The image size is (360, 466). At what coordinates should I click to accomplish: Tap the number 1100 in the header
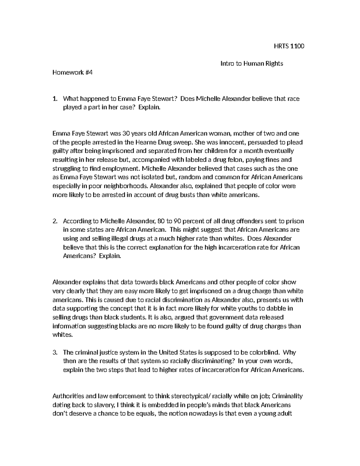(297, 46)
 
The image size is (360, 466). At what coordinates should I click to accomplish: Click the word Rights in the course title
(274, 64)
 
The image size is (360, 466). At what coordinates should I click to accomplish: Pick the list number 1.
(54, 99)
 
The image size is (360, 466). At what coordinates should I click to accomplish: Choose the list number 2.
(54, 221)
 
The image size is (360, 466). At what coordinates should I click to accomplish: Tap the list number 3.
(54, 352)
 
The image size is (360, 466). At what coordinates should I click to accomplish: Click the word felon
(233, 160)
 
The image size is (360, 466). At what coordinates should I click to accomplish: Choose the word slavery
(102, 405)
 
